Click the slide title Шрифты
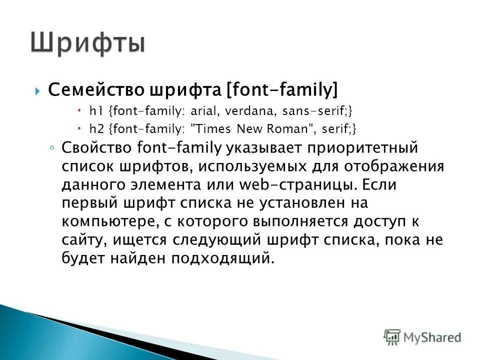click(x=88, y=43)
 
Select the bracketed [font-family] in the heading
click(x=282, y=90)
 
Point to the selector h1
click(x=95, y=111)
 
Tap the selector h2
click(x=95, y=129)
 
